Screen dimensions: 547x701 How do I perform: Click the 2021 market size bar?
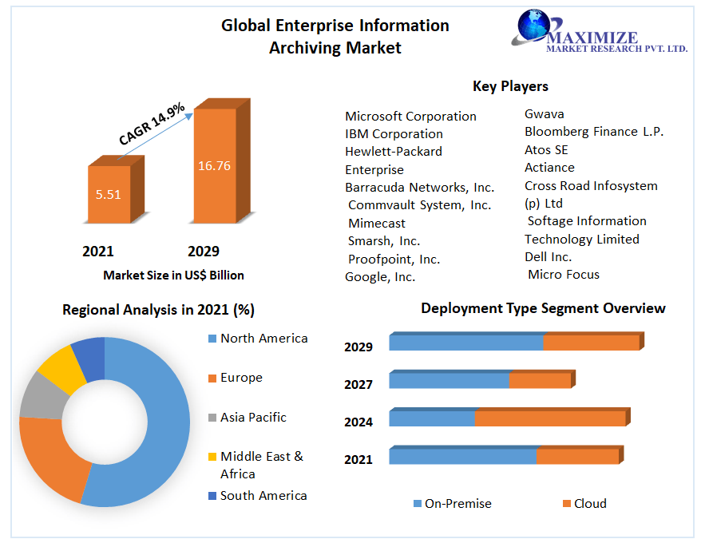click(x=109, y=193)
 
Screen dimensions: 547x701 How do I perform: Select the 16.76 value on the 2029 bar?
click(x=214, y=166)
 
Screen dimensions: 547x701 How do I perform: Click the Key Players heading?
click(x=510, y=86)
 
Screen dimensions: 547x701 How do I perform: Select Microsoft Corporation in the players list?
click(x=410, y=116)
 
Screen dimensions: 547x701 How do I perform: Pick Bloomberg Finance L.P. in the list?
click(x=594, y=131)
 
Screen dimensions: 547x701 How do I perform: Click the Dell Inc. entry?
click(x=549, y=256)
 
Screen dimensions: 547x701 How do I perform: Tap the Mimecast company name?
click(x=377, y=223)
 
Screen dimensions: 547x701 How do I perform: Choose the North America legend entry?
click(x=263, y=339)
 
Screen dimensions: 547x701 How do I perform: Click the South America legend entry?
click(x=263, y=496)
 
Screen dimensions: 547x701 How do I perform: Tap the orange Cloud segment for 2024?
click(x=550, y=418)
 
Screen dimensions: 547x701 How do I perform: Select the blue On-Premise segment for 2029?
click(x=466, y=343)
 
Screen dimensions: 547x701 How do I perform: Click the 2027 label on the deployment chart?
click(x=358, y=384)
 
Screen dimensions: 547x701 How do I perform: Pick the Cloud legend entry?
click(x=589, y=503)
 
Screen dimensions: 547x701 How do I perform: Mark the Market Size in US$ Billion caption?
click(x=173, y=275)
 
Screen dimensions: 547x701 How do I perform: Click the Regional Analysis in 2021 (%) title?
click(x=158, y=310)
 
